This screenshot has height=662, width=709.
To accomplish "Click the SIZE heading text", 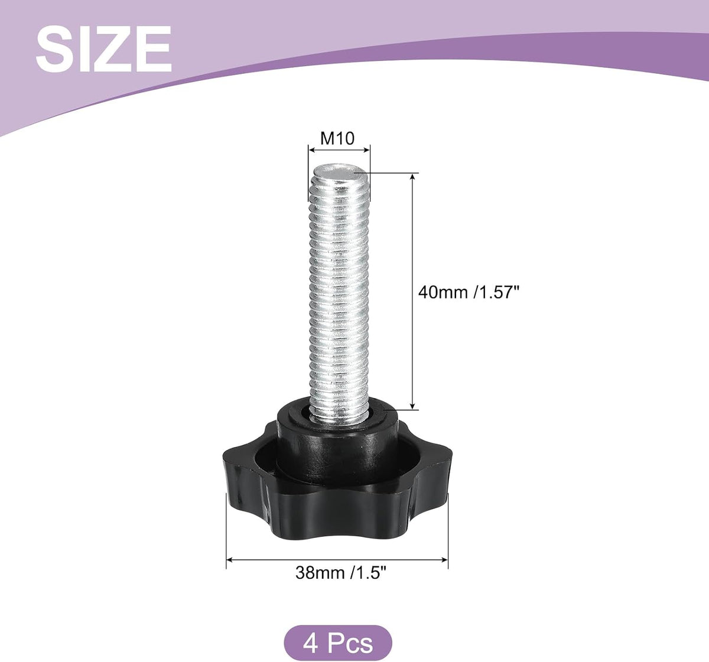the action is tap(103, 49).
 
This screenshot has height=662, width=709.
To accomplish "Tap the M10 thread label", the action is tap(337, 138).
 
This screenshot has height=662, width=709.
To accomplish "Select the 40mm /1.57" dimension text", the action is tap(468, 292).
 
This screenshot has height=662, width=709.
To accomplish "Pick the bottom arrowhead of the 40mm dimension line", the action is tap(413, 405).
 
